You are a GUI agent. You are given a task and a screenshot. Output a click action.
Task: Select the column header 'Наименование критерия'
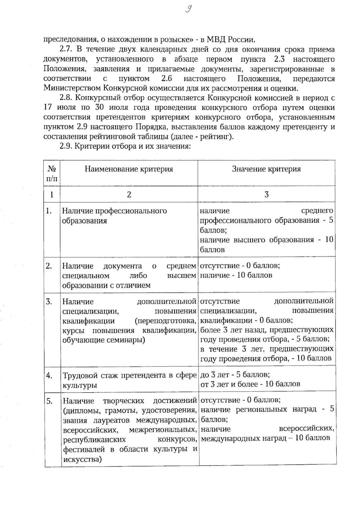pyautogui.click(x=129, y=169)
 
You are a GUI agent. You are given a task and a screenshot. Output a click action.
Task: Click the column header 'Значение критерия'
pyautogui.click(x=266, y=169)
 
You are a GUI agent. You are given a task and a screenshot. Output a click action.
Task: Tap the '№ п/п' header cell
pyautogui.click(x=52, y=174)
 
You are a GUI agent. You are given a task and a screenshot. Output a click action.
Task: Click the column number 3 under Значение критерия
pyautogui.click(x=266, y=195)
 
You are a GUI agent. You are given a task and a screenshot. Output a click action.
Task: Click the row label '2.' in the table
pyautogui.click(x=49, y=266)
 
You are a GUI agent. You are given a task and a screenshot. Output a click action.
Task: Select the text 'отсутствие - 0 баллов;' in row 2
pyautogui.click(x=240, y=266)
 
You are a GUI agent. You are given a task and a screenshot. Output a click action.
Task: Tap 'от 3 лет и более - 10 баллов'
pyautogui.click(x=250, y=384)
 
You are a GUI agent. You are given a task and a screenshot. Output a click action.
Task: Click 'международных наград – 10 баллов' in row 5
pyautogui.click(x=265, y=438)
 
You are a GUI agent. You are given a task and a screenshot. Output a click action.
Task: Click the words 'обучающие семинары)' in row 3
pyautogui.click(x=103, y=340)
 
